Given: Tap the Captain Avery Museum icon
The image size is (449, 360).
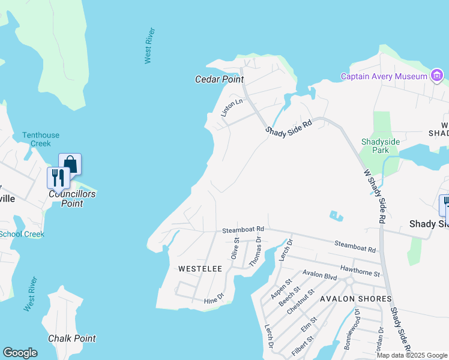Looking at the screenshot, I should pyautogui.click(x=437, y=76).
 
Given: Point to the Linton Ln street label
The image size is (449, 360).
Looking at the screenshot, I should pyautogui.click(x=231, y=107).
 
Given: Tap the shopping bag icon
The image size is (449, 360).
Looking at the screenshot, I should pyautogui.click(x=70, y=164).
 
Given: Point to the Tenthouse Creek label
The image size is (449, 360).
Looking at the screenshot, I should pyautogui.click(x=41, y=139).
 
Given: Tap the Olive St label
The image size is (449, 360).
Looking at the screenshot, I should pyautogui.click(x=235, y=248).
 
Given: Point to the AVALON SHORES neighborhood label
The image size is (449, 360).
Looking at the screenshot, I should pyautogui.click(x=355, y=299).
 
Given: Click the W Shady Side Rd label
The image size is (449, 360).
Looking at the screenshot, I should pyautogui.click(x=373, y=196).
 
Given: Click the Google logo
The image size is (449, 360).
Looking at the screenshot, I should pyautogui.click(x=20, y=353).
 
